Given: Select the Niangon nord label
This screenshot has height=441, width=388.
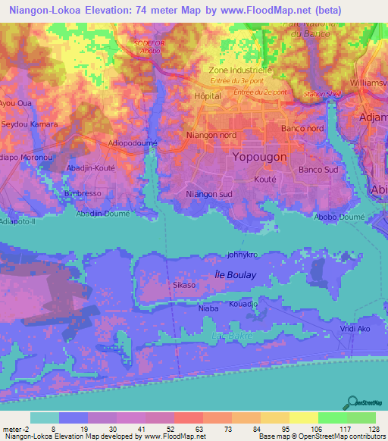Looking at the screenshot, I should (211, 135).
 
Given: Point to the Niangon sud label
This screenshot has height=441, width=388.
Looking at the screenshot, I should (209, 194).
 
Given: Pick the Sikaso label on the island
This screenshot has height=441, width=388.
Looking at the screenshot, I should (184, 286).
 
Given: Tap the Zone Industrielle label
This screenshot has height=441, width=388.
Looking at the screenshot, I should (245, 70).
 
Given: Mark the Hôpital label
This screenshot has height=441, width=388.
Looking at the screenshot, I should (208, 96).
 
